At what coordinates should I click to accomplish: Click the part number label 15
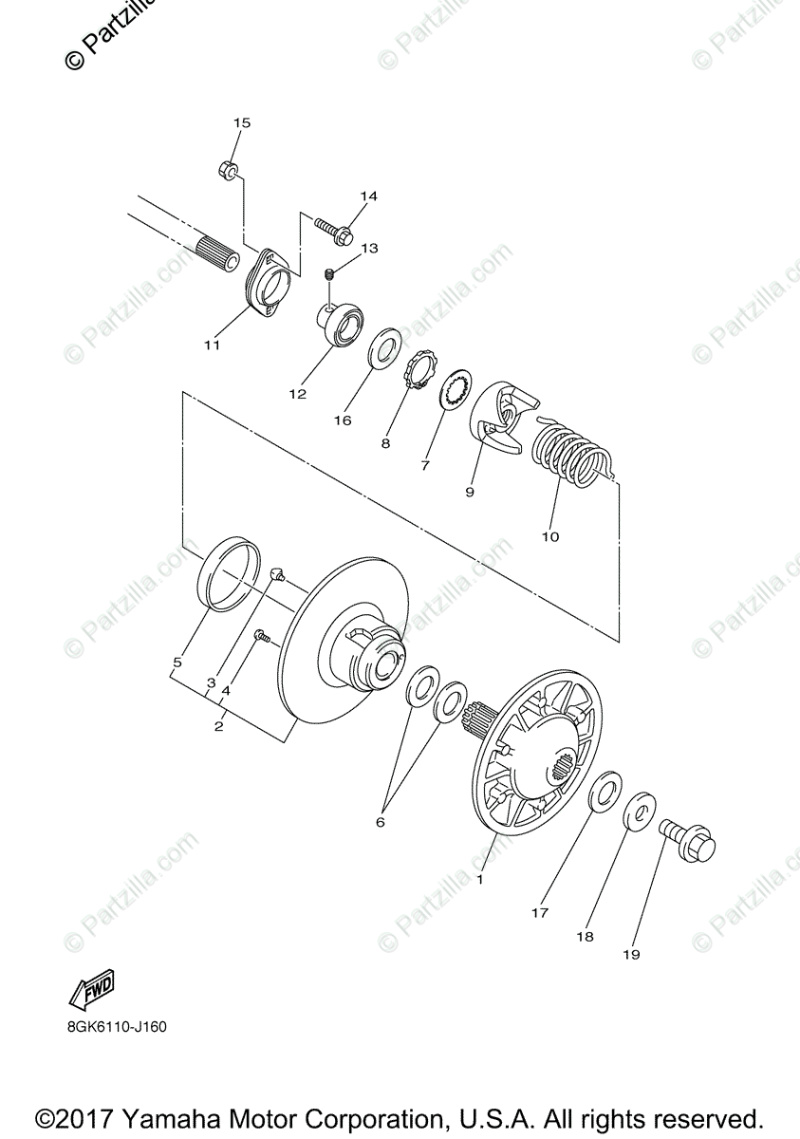(241, 122)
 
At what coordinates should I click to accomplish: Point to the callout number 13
(368, 248)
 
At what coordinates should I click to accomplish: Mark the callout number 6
(380, 822)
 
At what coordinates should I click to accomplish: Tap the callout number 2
(218, 726)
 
